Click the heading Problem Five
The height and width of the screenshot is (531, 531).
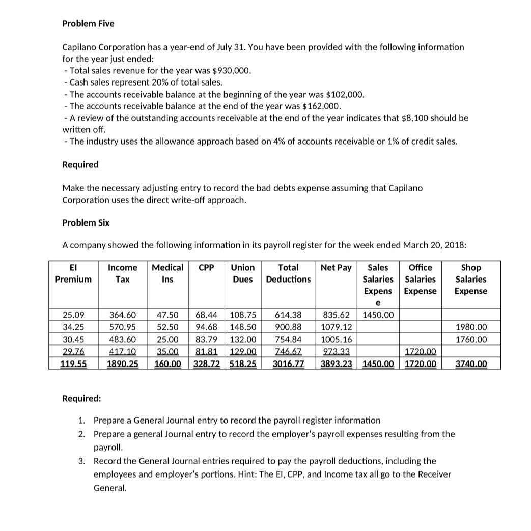pyautogui.click(x=88, y=24)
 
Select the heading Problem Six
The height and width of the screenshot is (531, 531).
pyautogui.click(x=86, y=223)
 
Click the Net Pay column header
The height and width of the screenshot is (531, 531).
pyautogui.click(x=336, y=268)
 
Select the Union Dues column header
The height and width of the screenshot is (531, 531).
pyautogui.click(x=243, y=273)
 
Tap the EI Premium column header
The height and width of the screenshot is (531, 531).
pyautogui.click(x=73, y=273)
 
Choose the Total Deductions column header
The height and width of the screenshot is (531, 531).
pyautogui.click(x=288, y=273)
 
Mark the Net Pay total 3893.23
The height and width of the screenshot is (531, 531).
pyautogui.click(x=337, y=364)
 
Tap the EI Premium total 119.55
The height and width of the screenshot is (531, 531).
pyautogui.click(x=73, y=364)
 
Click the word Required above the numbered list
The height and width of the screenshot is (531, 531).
pyautogui.click(x=81, y=398)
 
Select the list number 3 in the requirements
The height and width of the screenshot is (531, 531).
pyautogui.click(x=81, y=461)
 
